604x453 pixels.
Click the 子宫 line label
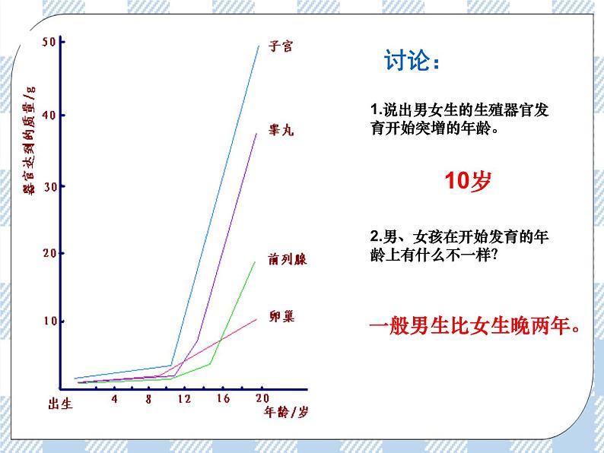(280, 47)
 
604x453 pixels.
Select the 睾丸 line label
(280, 130)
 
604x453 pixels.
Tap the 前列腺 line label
(286, 259)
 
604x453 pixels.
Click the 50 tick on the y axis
(49, 43)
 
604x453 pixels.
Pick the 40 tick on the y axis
(49, 115)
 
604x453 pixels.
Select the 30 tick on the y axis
(49, 186)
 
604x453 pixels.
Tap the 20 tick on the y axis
(49, 253)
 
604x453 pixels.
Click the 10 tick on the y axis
(49, 322)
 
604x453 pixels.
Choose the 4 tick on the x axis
(114, 399)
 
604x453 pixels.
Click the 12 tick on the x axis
(185, 399)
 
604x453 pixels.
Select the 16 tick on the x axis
(223, 399)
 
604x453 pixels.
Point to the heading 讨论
(411, 61)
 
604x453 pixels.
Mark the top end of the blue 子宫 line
(259, 46)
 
